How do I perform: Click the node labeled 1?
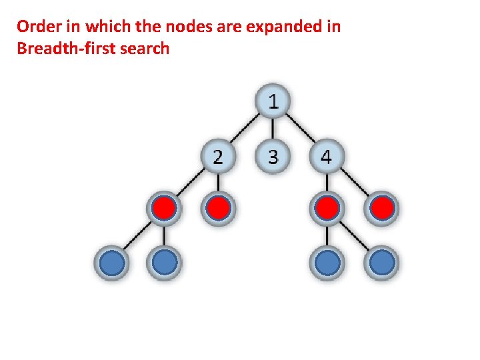coord(273,102)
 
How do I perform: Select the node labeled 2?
coord(219,157)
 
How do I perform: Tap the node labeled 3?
coord(273,157)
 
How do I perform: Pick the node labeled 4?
coord(326,157)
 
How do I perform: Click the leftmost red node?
coord(164,209)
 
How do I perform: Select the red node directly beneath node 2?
coord(219,209)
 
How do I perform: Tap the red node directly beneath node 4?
coord(326,209)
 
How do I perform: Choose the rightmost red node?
coord(381,209)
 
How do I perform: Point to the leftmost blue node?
coord(111,263)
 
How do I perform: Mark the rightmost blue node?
coord(381,263)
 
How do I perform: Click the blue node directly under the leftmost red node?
coord(164,263)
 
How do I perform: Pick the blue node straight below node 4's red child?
coord(326,263)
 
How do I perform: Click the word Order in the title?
coord(36,27)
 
